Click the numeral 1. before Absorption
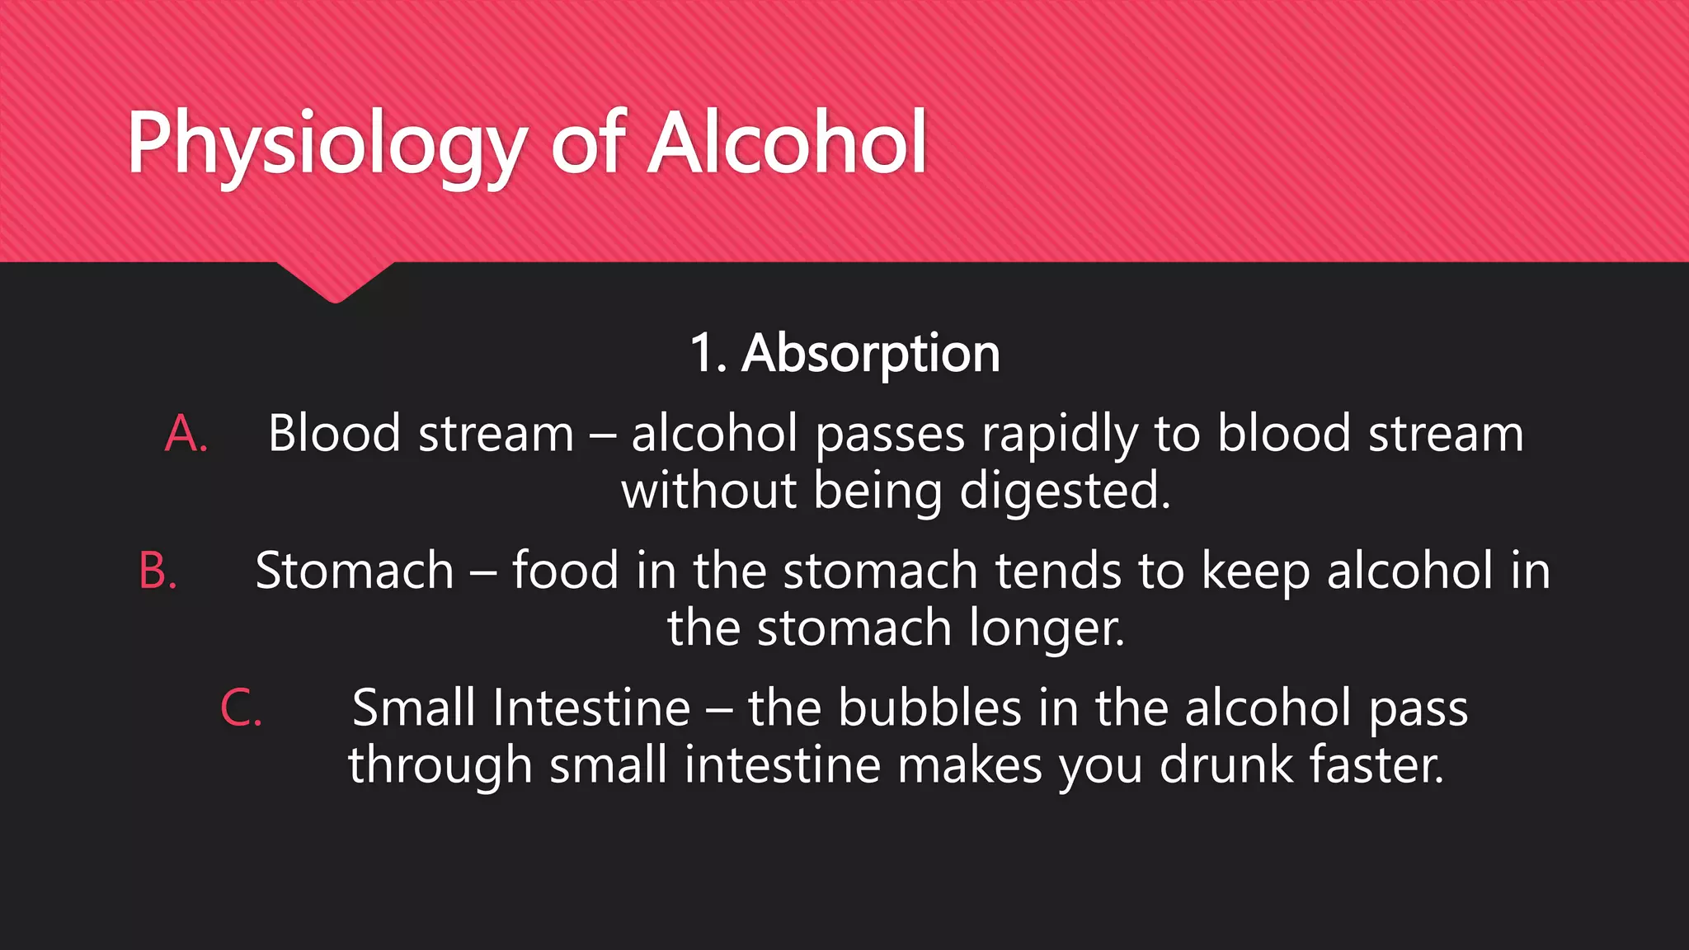(x=708, y=353)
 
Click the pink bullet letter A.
(x=186, y=434)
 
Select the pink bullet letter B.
(x=158, y=571)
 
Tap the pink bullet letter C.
(x=241, y=708)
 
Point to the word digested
(x=1065, y=492)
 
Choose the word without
(x=708, y=491)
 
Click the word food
(x=565, y=570)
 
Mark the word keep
(x=1255, y=571)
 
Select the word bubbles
(x=929, y=708)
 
